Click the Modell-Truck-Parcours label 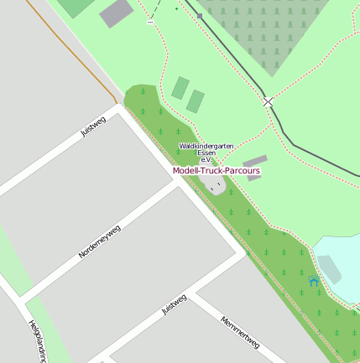[217, 171]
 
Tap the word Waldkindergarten [206, 146]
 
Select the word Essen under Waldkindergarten [206, 153]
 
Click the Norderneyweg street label [100, 241]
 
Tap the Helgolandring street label [38, 342]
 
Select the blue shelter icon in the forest [314, 282]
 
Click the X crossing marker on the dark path [268, 101]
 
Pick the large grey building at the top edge [116, 13]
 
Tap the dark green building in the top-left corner [76, 7]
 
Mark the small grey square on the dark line [200, 15]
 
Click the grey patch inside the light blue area [330, 269]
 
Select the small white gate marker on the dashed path [150, 22]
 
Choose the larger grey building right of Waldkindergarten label [255, 160]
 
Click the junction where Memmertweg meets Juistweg [196, 293]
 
